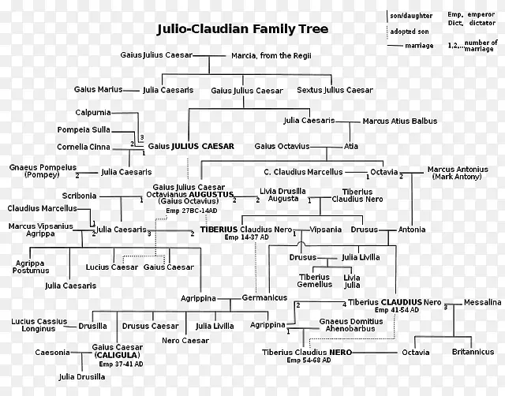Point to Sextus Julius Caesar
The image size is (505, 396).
tap(335, 90)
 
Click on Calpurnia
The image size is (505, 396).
tap(93, 112)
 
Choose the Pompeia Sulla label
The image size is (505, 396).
tap(83, 129)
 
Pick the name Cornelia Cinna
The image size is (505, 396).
tap(83, 147)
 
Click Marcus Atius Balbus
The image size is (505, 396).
tap(399, 121)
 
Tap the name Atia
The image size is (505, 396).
tap(351, 146)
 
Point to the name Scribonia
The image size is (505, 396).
tap(80, 196)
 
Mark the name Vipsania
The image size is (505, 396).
tap(326, 230)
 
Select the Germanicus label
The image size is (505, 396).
tap(265, 297)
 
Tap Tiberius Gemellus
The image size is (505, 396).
tap(314, 281)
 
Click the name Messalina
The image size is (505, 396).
tap(482, 302)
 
